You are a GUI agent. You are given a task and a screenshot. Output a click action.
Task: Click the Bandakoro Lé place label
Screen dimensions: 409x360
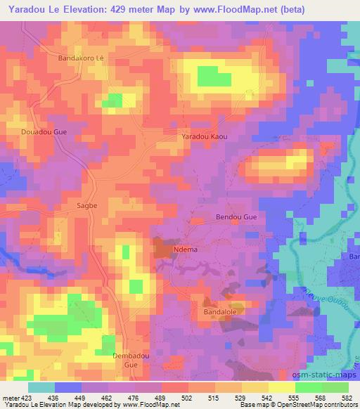(x=80, y=58)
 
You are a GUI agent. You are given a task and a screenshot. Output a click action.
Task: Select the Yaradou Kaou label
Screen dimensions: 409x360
(x=205, y=136)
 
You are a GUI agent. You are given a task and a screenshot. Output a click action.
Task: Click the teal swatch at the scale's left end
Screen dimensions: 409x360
(x=41, y=387)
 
